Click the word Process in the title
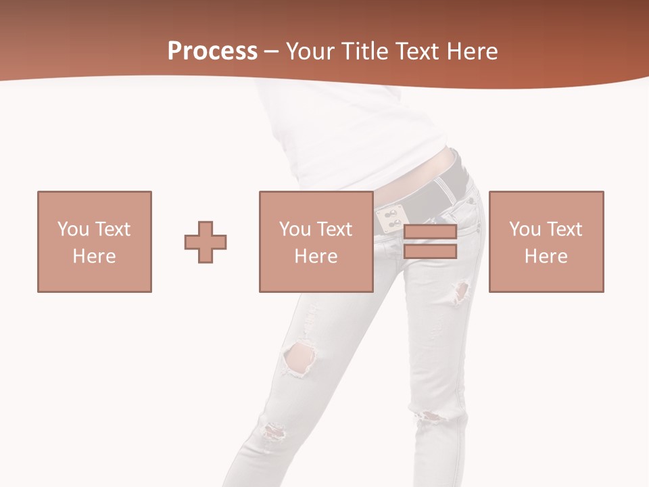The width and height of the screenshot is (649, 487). click(212, 51)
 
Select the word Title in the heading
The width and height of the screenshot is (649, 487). click(366, 51)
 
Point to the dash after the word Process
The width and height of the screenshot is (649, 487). click(272, 52)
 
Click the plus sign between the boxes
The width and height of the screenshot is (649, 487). click(206, 242)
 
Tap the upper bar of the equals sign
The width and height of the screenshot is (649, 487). click(430, 232)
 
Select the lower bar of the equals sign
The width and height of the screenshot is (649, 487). click(430, 252)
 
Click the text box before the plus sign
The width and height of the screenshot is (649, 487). click(94, 241)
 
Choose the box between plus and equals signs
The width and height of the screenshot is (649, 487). click(316, 241)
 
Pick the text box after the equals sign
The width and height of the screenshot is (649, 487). click(546, 241)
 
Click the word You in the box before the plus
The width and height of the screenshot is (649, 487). click(72, 229)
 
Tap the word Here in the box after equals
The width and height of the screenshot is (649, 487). click(546, 256)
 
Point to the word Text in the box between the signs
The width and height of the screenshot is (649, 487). click(335, 229)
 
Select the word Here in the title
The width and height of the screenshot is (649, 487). click(473, 51)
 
